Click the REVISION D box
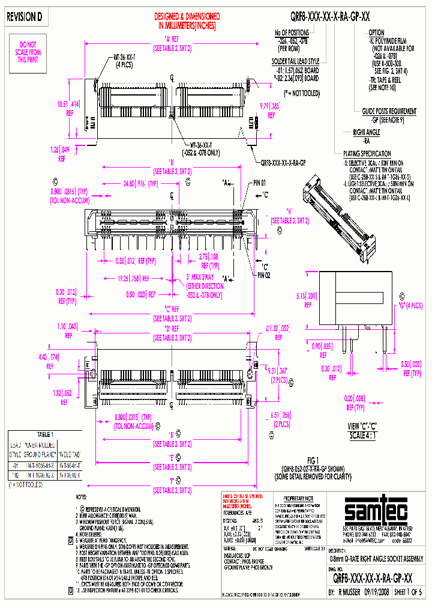point(25,17)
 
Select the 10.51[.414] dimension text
point(70,104)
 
